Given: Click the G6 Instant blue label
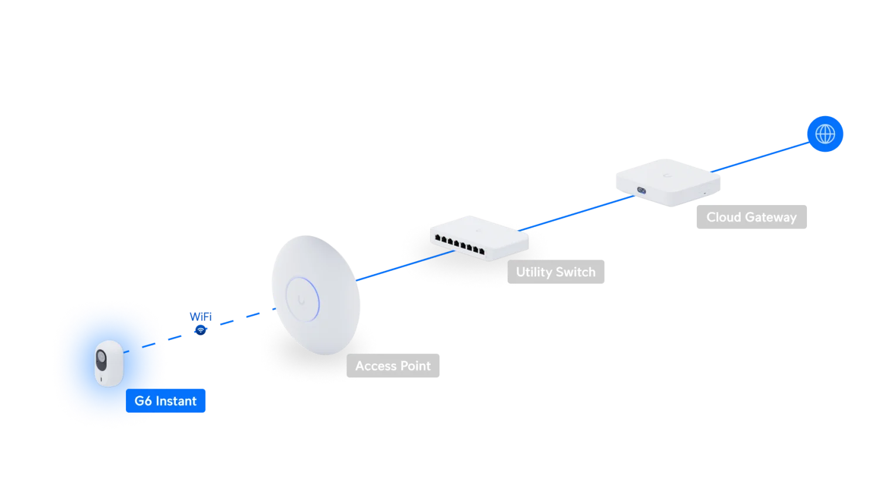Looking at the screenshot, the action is (x=165, y=400).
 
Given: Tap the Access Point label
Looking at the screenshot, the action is (x=393, y=366).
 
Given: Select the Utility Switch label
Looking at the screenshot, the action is (x=556, y=271).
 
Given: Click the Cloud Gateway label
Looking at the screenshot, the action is (x=751, y=217).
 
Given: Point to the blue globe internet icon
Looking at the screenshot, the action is (x=825, y=134).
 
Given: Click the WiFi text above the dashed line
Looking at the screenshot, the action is (x=200, y=316).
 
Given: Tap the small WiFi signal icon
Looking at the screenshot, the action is (x=200, y=330).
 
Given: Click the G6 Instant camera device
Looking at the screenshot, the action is (x=109, y=363).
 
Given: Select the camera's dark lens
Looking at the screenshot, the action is (x=101, y=360).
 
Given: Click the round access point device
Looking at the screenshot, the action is (x=316, y=295).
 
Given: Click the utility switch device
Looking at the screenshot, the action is (x=479, y=238).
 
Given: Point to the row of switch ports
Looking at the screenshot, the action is (x=459, y=244).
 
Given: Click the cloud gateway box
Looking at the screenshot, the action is (x=668, y=182).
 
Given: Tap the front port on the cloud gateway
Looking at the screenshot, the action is (x=641, y=190).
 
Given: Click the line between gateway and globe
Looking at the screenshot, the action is (x=760, y=157).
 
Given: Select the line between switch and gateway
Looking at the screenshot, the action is (x=576, y=213).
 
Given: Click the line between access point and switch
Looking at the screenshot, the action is (x=406, y=265).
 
